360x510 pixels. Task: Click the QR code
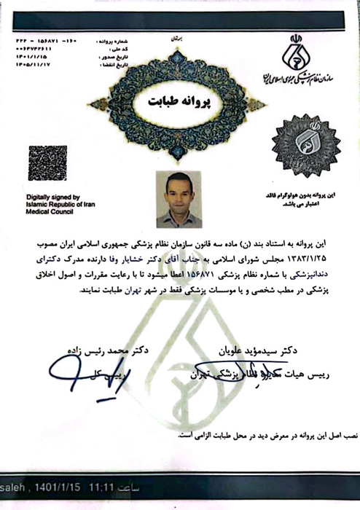(x=47, y=162)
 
